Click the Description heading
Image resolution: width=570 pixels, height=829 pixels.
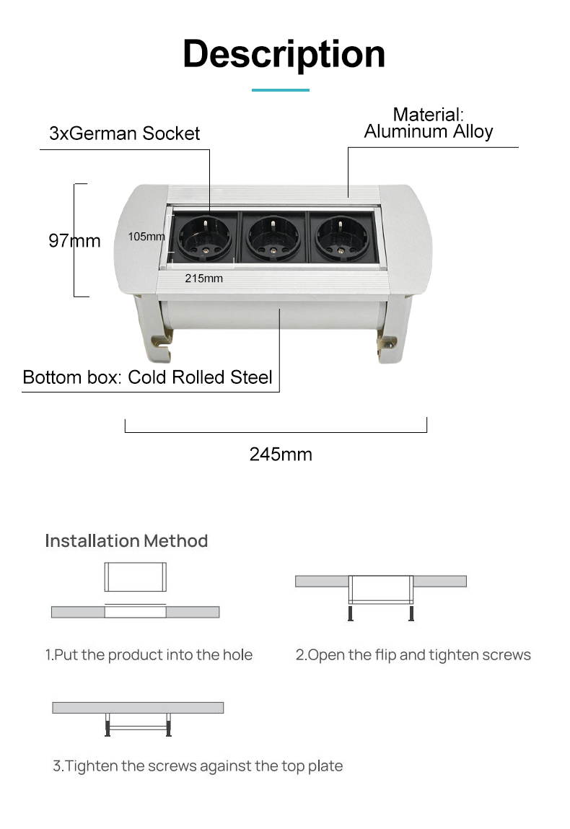coord(284,55)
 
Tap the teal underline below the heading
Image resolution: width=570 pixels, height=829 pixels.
coord(280,90)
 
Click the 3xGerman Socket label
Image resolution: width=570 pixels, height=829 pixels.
coord(124,133)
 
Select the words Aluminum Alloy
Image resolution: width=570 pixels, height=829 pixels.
coord(429,131)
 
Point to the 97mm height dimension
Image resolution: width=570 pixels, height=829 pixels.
coord(74,240)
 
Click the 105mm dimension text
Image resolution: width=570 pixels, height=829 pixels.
coord(146,237)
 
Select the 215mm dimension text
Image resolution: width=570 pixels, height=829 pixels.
coord(203,278)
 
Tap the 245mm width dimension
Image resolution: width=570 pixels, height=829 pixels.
coord(281,454)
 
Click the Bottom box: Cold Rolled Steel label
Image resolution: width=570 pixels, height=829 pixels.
coord(147,377)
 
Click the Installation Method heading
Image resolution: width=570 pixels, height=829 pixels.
coord(126,541)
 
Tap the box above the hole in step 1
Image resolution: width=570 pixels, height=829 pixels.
coord(136,576)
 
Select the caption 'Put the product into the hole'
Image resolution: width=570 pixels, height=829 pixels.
coord(154,654)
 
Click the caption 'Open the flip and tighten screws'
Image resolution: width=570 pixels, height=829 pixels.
coord(419,654)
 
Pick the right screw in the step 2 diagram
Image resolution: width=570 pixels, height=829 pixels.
coord(411,613)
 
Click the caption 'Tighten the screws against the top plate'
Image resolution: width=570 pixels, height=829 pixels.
coord(203,766)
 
